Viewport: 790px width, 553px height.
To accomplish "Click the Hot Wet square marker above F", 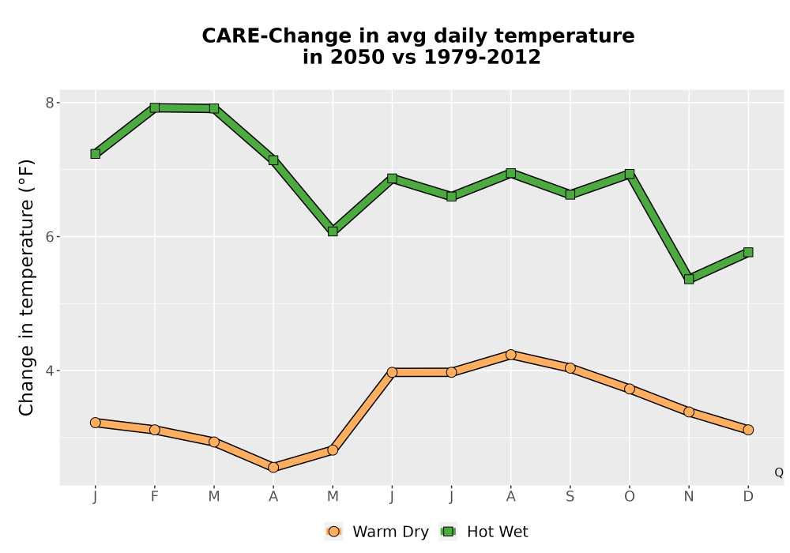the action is coord(155,107).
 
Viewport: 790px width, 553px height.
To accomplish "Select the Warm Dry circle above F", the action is coord(155,430).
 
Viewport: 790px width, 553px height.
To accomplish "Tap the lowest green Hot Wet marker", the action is coord(689,279).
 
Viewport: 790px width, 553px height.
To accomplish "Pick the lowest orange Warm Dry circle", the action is coord(273,467).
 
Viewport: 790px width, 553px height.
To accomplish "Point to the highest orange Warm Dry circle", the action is coord(511,355).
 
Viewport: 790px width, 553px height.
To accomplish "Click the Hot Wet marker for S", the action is coord(570,194).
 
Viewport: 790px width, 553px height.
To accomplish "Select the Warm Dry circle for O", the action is coord(630,389).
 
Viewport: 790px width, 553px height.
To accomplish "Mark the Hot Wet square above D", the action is coord(748,252).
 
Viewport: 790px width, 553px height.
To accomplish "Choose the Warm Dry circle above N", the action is coord(689,412).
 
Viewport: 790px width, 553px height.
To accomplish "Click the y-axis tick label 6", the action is coord(49,237).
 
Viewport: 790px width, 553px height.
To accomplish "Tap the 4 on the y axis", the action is coord(49,371).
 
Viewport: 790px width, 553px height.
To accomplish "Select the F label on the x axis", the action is coord(155,497).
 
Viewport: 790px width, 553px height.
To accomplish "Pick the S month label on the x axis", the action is coord(570,497).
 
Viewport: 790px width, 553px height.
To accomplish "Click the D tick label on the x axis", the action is coord(748,497).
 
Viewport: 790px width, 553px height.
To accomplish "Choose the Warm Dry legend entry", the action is coord(377,532).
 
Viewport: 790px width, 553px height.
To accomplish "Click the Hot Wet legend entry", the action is coord(484,532).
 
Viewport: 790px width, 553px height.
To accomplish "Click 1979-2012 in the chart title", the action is coord(482,57).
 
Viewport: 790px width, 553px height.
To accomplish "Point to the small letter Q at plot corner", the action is coord(779,472).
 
